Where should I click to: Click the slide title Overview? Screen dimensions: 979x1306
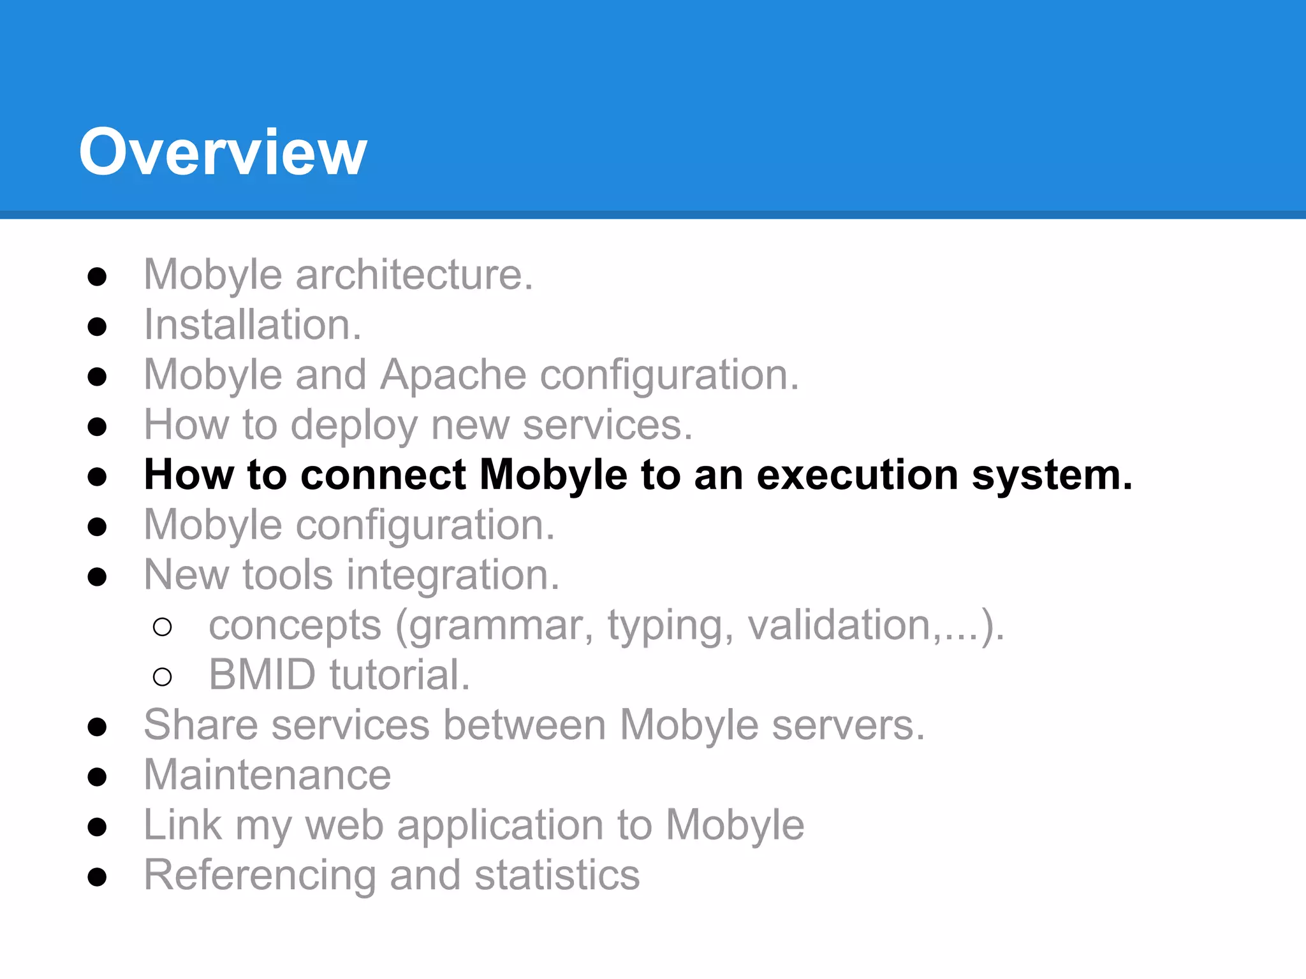click(x=223, y=152)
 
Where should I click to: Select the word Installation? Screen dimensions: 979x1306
click(x=252, y=325)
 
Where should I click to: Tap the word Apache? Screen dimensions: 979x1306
click(x=453, y=375)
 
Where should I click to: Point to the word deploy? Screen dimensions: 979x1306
click(x=354, y=425)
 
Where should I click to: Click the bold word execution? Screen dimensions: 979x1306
click(x=858, y=475)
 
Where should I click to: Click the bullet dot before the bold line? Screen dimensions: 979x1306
click(x=97, y=477)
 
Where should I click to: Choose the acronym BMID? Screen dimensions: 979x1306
click(x=262, y=675)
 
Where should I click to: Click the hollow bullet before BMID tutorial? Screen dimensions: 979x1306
click(x=163, y=677)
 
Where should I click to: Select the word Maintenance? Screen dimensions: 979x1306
click(x=267, y=775)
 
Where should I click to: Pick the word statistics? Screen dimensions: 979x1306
click(x=557, y=875)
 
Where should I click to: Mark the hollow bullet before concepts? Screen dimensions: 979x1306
click(x=163, y=627)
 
